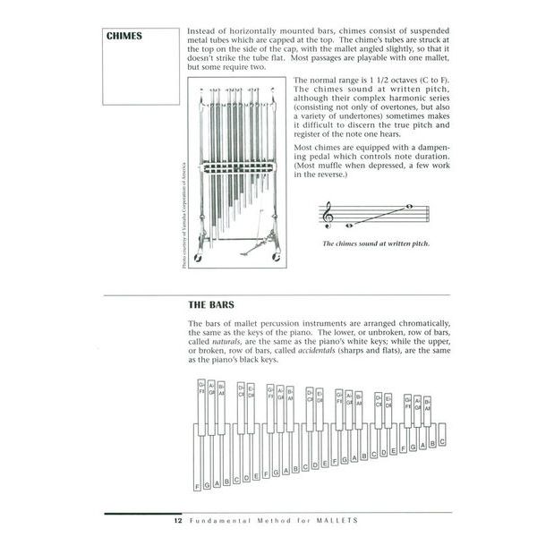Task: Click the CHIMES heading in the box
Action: tap(125, 37)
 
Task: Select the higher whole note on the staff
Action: tap(408, 208)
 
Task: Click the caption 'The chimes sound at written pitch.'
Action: tap(376, 243)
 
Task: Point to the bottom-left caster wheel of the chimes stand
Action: tap(200, 258)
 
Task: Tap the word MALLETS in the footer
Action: tap(336, 520)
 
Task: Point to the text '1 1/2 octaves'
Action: tap(382, 81)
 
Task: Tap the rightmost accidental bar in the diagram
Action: tap(427, 410)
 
